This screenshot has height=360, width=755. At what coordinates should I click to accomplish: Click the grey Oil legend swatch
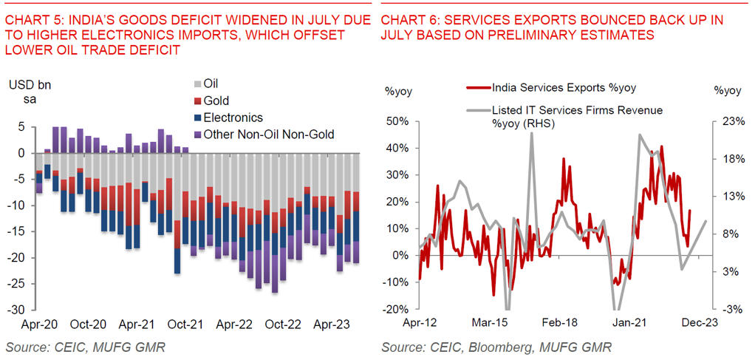(x=196, y=84)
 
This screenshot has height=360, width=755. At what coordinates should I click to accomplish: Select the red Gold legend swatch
(x=196, y=101)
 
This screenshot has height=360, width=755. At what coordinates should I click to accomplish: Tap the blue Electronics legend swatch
(x=196, y=118)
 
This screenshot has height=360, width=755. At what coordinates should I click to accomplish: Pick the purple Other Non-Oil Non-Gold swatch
(x=196, y=135)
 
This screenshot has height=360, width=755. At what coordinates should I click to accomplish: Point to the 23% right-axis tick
(x=728, y=120)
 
